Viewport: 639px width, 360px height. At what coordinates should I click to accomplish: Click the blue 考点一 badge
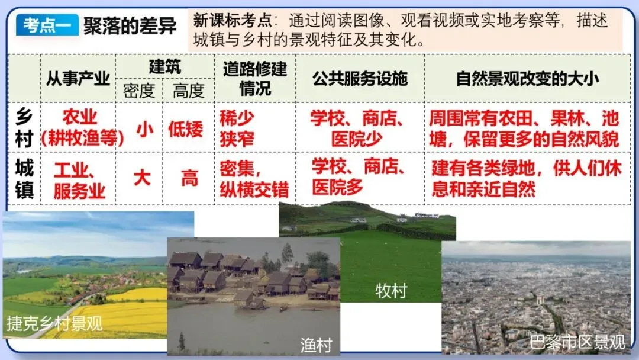click(x=47, y=25)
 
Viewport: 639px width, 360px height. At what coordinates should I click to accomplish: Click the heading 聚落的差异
click(x=130, y=25)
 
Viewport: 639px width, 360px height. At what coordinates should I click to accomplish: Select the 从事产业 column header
click(x=78, y=78)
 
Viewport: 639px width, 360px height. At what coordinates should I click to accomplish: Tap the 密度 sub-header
click(x=138, y=90)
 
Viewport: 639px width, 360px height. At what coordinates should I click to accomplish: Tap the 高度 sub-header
click(x=188, y=90)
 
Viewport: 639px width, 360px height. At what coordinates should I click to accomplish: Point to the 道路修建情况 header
click(x=255, y=78)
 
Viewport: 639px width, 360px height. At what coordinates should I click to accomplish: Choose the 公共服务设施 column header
click(x=360, y=78)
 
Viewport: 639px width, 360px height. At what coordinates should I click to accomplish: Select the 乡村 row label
click(x=24, y=128)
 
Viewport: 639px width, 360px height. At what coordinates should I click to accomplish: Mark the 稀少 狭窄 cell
click(x=237, y=128)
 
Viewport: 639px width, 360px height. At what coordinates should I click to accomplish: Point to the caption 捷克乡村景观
click(x=54, y=323)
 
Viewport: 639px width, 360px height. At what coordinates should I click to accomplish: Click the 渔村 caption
click(x=316, y=345)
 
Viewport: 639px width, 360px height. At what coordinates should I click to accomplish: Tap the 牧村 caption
click(x=390, y=291)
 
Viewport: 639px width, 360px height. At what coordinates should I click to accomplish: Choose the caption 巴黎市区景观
click(x=577, y=342)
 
